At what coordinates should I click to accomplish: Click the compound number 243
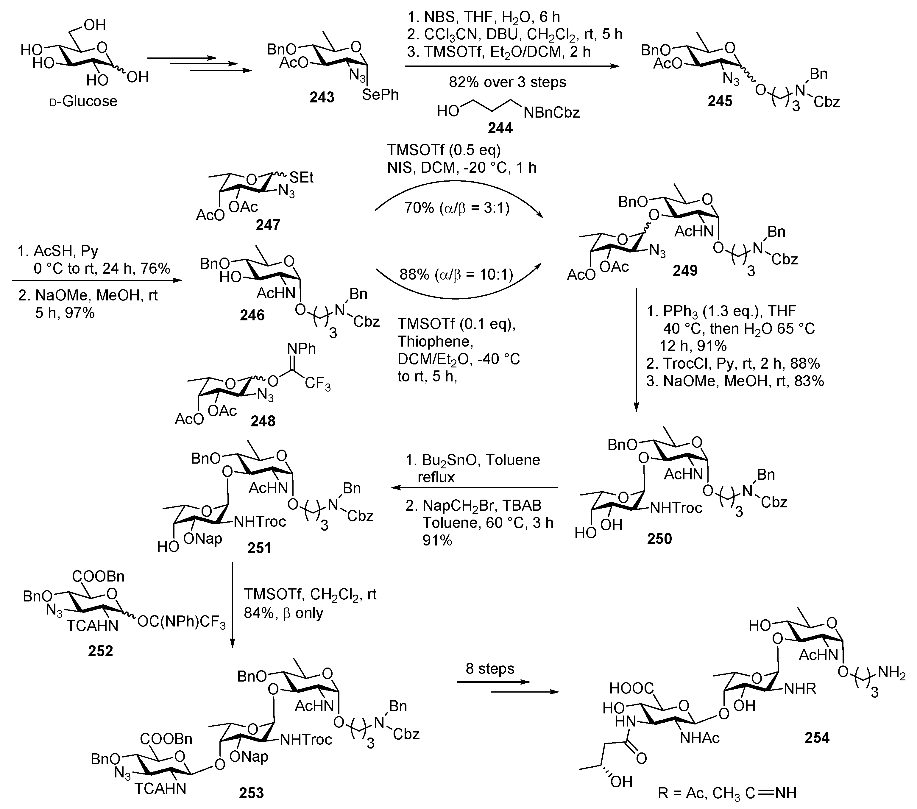[x=322, y=97]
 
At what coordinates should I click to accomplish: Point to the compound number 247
[x=268, y=224]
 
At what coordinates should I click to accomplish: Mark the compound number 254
[x=816, y=737]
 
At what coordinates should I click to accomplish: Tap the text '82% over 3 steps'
[x=507, y=82]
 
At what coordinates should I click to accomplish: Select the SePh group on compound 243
[x=380, y=95]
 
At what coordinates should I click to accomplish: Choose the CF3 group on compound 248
[x=318, y=384]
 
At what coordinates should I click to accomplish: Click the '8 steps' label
[x=490, y=668]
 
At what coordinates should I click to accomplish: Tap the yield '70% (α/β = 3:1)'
[x=457, y=208]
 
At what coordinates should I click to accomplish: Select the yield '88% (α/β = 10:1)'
[x=456, y=274]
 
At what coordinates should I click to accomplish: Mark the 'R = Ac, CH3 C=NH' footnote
[x=727, y=793]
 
